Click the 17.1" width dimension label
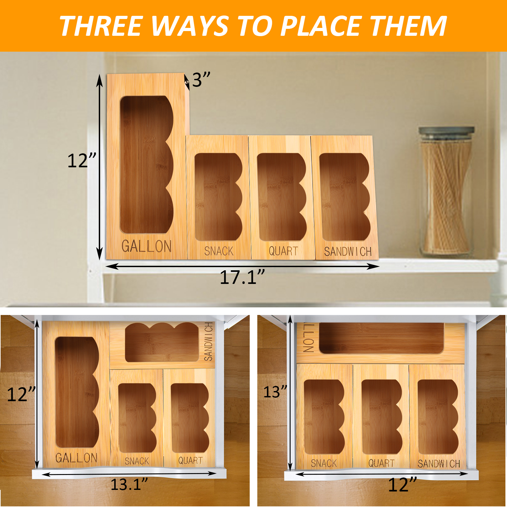[242, 277]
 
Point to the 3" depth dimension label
[201, 80]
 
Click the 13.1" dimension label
[129, 484]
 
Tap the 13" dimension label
[275, 392]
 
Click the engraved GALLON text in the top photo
[146, 246]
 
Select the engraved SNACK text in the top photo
[219, 251]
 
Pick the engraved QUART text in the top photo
[283, 251]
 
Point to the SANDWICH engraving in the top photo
[348, 252]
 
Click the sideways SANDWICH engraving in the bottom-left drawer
[208, 342]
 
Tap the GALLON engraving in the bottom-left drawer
[76, 458]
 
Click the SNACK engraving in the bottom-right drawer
[324, 463]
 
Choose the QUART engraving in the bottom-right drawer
[381, 463]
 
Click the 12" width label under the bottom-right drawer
[402, 485]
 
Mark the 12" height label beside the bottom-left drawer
[21, 395]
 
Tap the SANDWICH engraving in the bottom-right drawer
[439, 464]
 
